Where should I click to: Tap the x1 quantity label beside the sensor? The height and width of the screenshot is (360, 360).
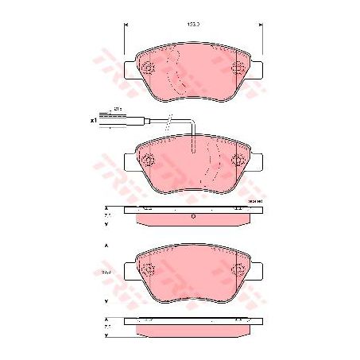[94, 120]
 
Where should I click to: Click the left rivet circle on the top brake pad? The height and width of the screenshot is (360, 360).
[149, 70]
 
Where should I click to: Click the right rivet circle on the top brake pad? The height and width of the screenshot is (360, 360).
[236, 70]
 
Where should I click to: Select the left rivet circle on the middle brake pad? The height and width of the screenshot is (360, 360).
[149, 162]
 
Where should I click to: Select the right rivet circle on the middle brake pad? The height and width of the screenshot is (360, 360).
[236, 162]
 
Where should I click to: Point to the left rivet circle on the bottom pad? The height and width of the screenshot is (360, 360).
[149, 271]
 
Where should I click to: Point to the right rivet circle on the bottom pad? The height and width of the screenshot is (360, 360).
[236, 271]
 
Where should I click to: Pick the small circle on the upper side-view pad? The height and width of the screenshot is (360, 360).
[193, 215]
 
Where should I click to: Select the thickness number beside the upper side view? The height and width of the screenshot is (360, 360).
[108, 215]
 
